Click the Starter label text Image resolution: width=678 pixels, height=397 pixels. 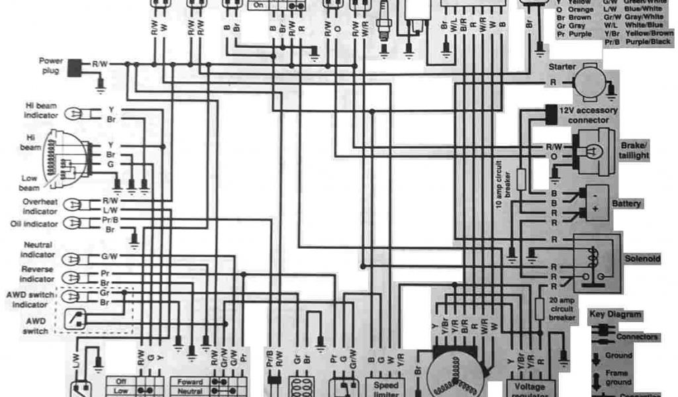coord(561,67)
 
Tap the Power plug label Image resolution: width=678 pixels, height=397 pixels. coord(51,65)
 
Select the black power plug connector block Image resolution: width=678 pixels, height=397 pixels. coord(75,66)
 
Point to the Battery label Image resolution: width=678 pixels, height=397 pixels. coord(626,204)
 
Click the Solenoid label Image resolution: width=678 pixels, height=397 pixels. coord(642,259)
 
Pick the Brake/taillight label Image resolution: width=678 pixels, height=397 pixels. coord(634,150)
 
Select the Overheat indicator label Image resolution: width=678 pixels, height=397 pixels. coord(41,205)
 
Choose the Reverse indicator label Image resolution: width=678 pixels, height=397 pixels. coord(37,273)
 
